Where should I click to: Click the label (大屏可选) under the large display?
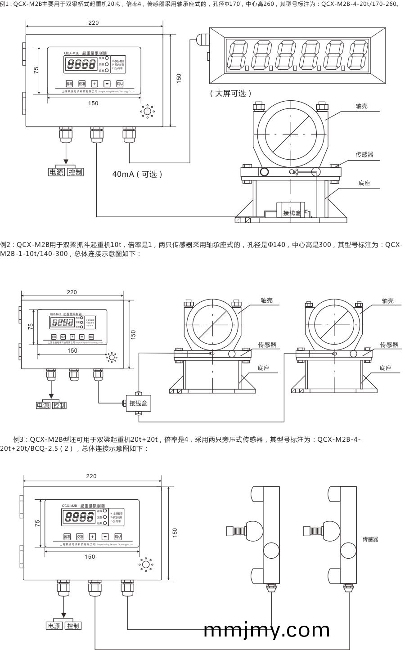pos(230,93)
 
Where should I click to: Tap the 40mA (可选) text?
pos(137,174)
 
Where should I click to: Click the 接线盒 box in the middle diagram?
pos(138,403)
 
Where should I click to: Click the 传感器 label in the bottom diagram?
pos(370,539)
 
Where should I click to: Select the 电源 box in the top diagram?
pos(56,172)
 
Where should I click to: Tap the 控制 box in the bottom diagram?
pos(72,626)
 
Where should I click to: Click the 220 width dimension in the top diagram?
pos(93,23)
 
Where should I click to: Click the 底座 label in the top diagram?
pos(364,183)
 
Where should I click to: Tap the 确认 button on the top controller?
pos(120,84)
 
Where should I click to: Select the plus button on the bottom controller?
pos(92,537)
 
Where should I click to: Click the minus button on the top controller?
pos(107,84)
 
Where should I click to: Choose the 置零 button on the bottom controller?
pos(67,537)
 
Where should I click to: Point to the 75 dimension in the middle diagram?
pos(31,327)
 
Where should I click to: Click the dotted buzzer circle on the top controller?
pos(147,111)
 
